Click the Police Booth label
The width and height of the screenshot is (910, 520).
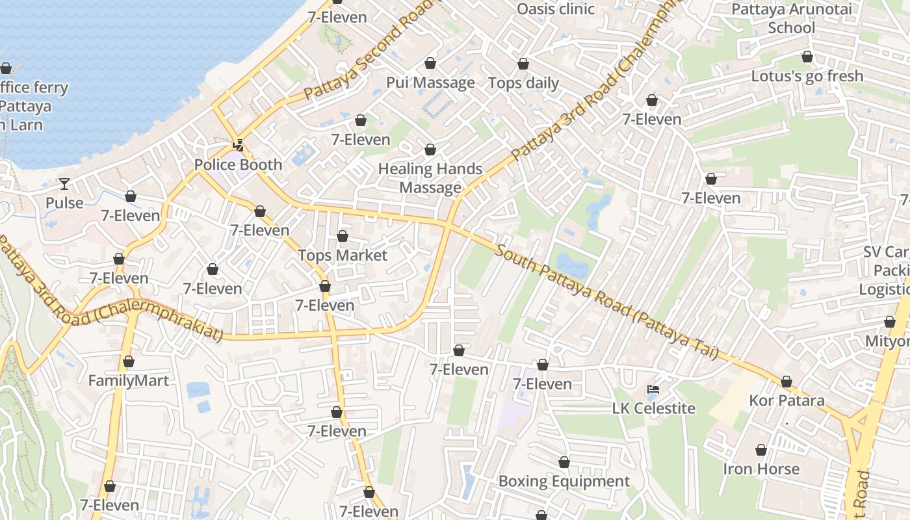239,164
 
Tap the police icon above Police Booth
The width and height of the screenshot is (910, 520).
239,146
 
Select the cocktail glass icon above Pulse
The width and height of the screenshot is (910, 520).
64,184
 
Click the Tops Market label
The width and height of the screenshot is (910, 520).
343,255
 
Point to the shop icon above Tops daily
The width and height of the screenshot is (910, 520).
523,64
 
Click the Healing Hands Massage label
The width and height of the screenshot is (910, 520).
430,178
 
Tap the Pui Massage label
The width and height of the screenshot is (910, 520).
430,83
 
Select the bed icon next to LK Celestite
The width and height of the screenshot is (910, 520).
654,389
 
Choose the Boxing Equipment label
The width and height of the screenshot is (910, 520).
564,481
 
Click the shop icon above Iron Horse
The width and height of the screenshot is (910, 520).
761,450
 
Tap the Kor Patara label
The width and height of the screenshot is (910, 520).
786,400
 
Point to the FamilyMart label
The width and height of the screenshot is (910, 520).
129,380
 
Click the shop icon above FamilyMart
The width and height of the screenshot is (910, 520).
129,361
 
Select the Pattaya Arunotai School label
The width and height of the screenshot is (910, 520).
791,18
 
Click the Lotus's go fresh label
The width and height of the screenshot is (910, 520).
807,75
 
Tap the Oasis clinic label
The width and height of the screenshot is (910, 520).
556,8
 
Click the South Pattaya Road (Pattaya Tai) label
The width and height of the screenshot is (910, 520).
606,302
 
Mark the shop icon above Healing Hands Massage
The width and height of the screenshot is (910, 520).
430,149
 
